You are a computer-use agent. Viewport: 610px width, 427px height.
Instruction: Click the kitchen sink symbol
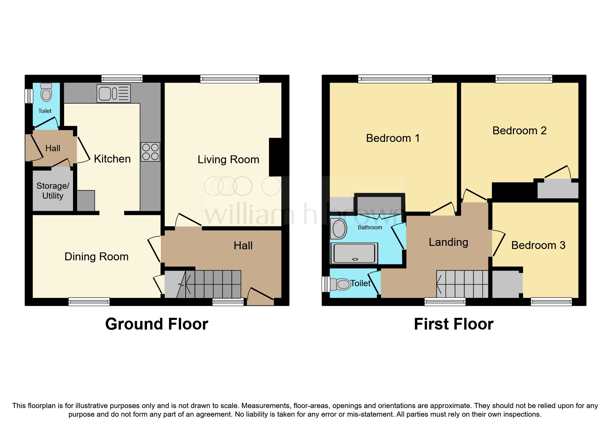coord(114,93)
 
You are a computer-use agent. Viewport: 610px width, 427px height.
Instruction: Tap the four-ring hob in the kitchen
coord(151,152)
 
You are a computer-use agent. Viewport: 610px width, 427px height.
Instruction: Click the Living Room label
coord(228,159)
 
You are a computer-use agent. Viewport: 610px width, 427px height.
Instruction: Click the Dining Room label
coord(96,257)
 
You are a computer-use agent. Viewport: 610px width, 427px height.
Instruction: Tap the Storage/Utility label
coord(53,191)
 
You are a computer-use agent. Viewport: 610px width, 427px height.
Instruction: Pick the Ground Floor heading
coord(156,324)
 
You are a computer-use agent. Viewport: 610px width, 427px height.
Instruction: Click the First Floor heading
coord(453,324)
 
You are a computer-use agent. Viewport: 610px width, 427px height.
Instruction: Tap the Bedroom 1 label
coord(393,138)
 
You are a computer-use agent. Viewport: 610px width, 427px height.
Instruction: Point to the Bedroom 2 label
coord(519,131)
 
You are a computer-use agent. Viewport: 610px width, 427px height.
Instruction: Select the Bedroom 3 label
coord(538,245)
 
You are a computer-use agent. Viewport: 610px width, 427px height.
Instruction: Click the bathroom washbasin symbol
coord(339,229)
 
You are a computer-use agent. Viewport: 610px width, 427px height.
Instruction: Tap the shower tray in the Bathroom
coord(354,253)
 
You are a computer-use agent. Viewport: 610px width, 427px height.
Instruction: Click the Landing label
coord(448,242)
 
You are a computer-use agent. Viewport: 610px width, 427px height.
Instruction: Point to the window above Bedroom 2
coord(524,79)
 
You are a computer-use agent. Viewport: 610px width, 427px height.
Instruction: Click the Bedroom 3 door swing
coord(498,243)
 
